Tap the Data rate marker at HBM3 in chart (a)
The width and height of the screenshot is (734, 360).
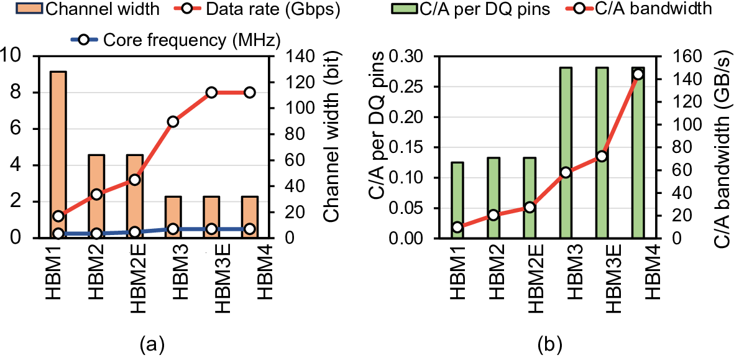pyautogui.click(x=173, y=122)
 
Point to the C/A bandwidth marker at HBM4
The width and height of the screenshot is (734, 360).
pyautogui.click(x=637, y=75)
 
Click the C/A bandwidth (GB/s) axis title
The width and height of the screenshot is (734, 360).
pyautogui.click(x=720, y=147)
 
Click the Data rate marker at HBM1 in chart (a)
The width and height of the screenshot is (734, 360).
pyautogui.click(x=58, y=216)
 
